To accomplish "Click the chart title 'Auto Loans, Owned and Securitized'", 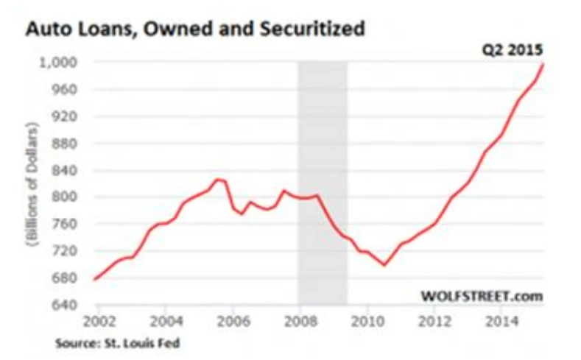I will tap(195, 29).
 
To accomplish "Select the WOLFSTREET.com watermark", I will tap(482, 296).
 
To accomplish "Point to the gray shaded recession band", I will tap(322, 184).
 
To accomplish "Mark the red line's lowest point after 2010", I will tap(384, 265).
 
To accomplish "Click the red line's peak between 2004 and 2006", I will tap(217, 179).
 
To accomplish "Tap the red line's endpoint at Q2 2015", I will tap(543, 64).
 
